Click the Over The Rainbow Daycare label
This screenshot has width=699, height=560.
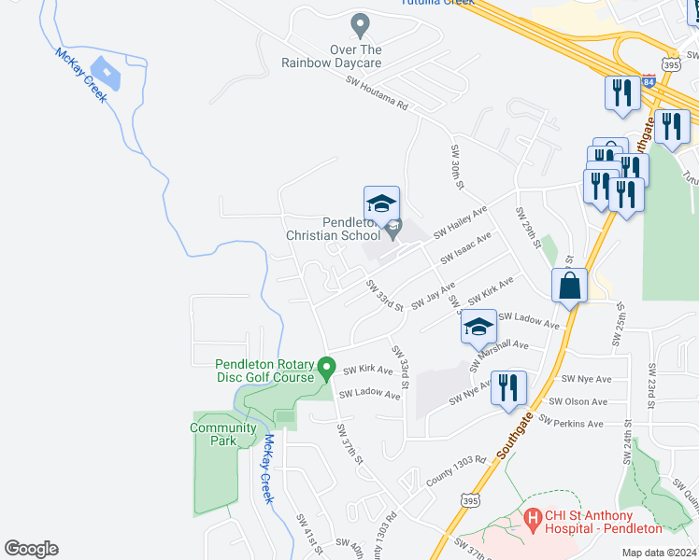point(332,56)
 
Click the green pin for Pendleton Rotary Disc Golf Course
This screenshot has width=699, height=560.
point(326,369)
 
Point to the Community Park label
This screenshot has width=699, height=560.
point(222,434)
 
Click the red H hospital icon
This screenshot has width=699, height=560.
point(534,517)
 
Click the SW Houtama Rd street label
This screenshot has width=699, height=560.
point(378,93)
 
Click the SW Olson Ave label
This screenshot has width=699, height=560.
point(578,402)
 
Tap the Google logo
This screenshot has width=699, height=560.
point(31,549)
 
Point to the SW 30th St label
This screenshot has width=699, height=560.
point(457,166)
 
